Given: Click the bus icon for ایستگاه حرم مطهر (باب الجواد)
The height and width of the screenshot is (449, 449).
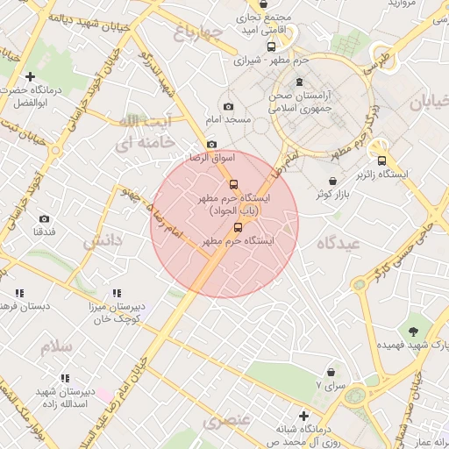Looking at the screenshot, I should [x=233, y=185].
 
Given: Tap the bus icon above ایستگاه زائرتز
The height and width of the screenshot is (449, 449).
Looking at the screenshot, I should [x=381, y=160].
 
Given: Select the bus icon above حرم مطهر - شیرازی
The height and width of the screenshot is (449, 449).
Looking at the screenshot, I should [x=271, y=47].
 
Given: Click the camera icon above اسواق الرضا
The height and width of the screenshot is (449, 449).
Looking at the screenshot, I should [x=211, y=145].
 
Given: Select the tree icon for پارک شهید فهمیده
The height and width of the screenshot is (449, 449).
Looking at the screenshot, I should [x=413, y=331].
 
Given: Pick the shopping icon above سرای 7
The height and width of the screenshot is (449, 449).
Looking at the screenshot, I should [x=331, y=372].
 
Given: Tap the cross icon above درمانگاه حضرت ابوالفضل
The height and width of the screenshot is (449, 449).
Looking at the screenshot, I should [x=31, y=76].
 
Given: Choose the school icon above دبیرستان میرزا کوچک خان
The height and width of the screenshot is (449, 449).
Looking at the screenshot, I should [x=117, y=294].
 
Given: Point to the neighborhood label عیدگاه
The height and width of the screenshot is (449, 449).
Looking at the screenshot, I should [x=342, y=244].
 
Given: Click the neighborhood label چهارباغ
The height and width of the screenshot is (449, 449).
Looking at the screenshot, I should [x=193, y=34].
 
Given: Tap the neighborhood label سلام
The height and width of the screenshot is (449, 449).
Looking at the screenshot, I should [x=55, y=346].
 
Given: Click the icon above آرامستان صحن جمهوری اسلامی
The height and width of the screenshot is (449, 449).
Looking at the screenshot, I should [x=300, y=82].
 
